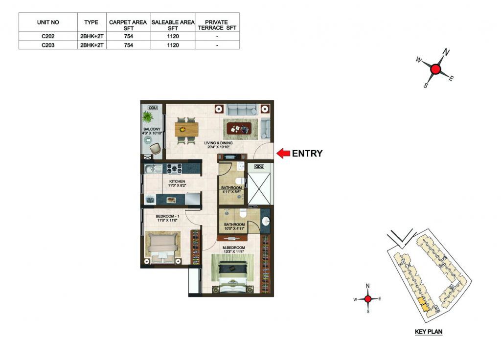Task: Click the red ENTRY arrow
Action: tap(283, 153)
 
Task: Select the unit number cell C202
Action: tap(48, 36)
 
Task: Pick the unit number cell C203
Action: tap(48, 45)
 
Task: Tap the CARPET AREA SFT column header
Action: tap(128, 25)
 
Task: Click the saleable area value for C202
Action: tap(173, 36)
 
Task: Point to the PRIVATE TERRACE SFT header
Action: tap(217, 25)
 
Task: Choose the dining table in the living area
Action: tap(186, 129)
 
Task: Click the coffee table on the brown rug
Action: tap(240, 129)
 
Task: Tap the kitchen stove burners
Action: tap(175, 169)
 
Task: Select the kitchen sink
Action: tap(153, 168)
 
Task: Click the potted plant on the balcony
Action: tap(148, 116)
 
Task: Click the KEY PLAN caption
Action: tap(429, 332)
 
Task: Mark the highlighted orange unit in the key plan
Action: tap(423, 304)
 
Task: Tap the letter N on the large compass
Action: tap(446, 52)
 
